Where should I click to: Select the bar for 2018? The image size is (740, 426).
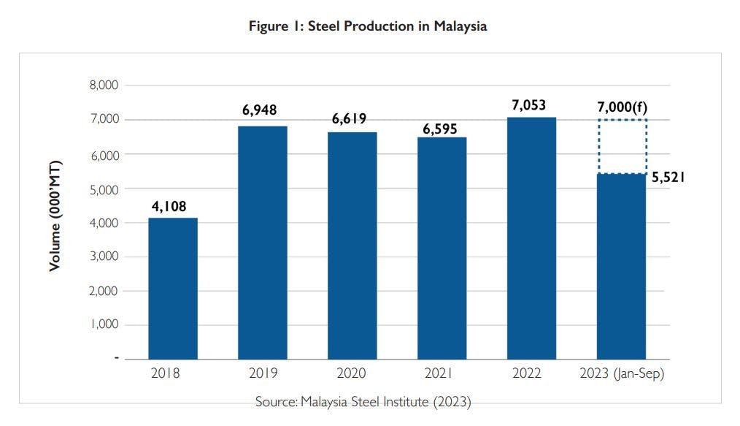(x=173, y=288)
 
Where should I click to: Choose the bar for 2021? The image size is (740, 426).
(x=442, y=248)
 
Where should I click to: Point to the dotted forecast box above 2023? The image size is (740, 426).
(x=622, y=147)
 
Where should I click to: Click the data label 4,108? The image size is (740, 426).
(x=169, y=206)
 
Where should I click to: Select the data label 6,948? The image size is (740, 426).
(x=260, y=111)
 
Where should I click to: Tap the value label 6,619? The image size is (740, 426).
(x=349, y=119)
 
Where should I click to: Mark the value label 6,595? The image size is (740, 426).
(x=441, y=129)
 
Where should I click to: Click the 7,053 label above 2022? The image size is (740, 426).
(x=529, y=105)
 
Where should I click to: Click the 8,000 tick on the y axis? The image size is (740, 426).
(x=103, y=85)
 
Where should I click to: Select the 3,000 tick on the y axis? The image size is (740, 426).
(x=103, y=256)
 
